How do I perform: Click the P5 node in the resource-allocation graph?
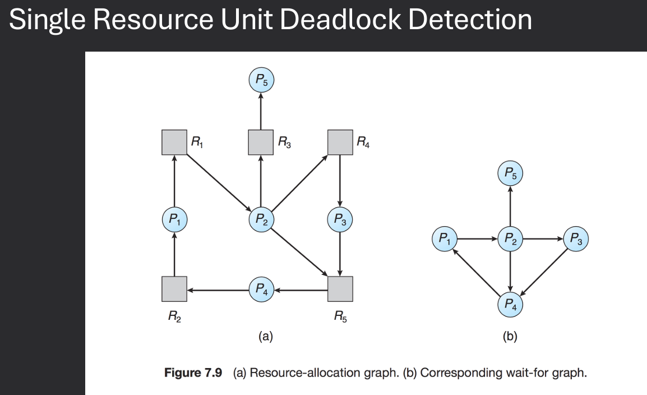(x=261, y=81)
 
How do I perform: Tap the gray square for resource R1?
(x=174, y=142)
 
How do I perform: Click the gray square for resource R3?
(x=261, y=142)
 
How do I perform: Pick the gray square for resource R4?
(x=339, y=142)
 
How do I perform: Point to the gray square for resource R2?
(x=174, y=290)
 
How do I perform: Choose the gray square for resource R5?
(x=339, y=290)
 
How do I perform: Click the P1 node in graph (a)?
(x=174, y=218)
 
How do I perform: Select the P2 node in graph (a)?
(x=261, y=218)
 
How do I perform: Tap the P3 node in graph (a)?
(x=339, y=218)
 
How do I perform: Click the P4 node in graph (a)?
(x=261, y=290)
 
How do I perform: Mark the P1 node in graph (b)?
(x=444, y=239)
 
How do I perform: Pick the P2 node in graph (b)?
(x=510, y=239)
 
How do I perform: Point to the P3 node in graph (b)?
(x=576, y=239)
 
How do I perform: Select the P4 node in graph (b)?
(x=510, y=304)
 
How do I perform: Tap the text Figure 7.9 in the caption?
(x=193, y=373)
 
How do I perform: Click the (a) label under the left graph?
(x=265, y=336)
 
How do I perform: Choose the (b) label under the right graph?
(x=510, y=336)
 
